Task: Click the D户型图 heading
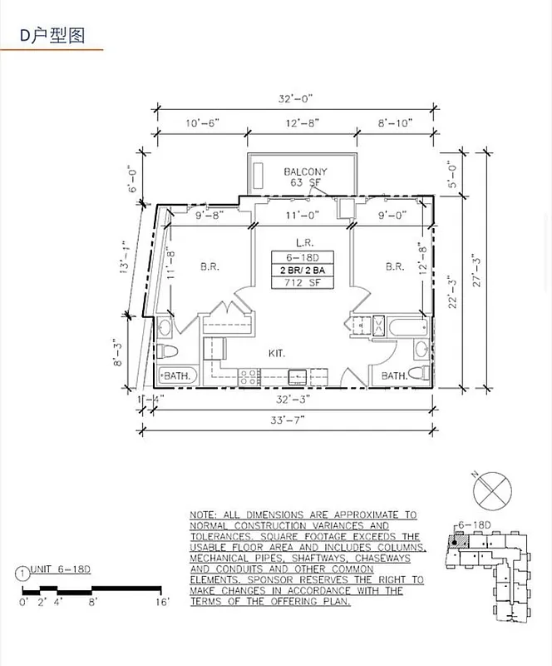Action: tap(52, 35)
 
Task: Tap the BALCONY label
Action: tap(305, 171)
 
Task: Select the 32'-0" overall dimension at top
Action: tap(295, 97)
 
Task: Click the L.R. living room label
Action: tap(303, 242)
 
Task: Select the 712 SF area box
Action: tap(303, 284)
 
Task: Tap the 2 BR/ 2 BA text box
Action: tap(303, 271)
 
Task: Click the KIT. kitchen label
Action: tap(277, 353)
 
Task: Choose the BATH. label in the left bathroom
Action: tap(175, 376)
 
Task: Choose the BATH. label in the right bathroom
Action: tap(396, 376)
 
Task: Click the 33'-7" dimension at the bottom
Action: tap(288, 420)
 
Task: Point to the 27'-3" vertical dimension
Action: tap(476, 271)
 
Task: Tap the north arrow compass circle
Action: tap(490, 490)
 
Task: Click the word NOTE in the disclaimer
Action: tap(203, 516)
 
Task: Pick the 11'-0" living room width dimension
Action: tap(302, 215)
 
